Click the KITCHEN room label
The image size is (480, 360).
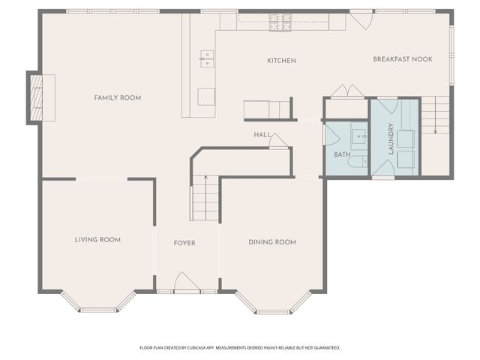(x=282, y=61)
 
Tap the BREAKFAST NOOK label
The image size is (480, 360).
(x=403, y=58)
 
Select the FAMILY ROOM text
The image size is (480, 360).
(x=117, y=97)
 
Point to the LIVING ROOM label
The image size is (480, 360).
(x=97, y=240)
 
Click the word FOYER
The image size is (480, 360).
(x=184, y=243)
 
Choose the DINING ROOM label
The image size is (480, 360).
(x=272, y=242)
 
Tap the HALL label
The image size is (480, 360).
(x=262, y=134)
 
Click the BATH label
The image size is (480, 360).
(x=342, y=154)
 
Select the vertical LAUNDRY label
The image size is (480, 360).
(x=391, y=139)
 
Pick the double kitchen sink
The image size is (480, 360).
(x=205, y=58)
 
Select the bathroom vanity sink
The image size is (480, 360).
(x=358, y=136)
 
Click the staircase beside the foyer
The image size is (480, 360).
(x=205, y=196)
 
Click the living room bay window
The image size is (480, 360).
(x=99, y=304)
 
